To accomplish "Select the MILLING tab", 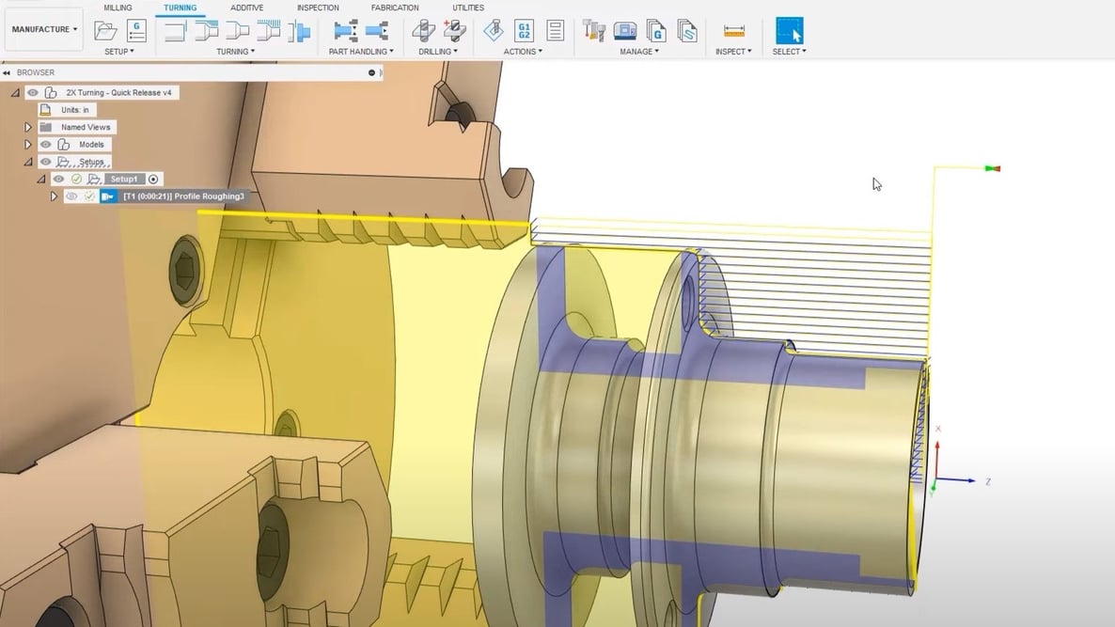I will (118, 8).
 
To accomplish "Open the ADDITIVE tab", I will (247, 8).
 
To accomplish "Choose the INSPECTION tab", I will (318, 8).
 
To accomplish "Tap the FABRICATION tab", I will (395, 8).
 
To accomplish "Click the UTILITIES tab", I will (468, 8).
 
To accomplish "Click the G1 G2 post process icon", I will (525, 30).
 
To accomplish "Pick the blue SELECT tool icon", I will (789, 30).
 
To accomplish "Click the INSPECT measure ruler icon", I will (734, 30).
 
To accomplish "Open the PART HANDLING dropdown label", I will (361, 52).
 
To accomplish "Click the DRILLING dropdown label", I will (438, 52).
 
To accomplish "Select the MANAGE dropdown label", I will (639, 52).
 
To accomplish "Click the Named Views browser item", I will (86, 127).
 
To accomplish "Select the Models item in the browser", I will (91, 145).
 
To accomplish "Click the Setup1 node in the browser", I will (123, 179).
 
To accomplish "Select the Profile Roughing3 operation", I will (183, 196).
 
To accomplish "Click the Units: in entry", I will (75, 110).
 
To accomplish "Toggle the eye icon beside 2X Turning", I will (33, 93).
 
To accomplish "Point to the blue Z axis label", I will (988, 481).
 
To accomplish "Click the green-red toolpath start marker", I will (992, 169).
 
